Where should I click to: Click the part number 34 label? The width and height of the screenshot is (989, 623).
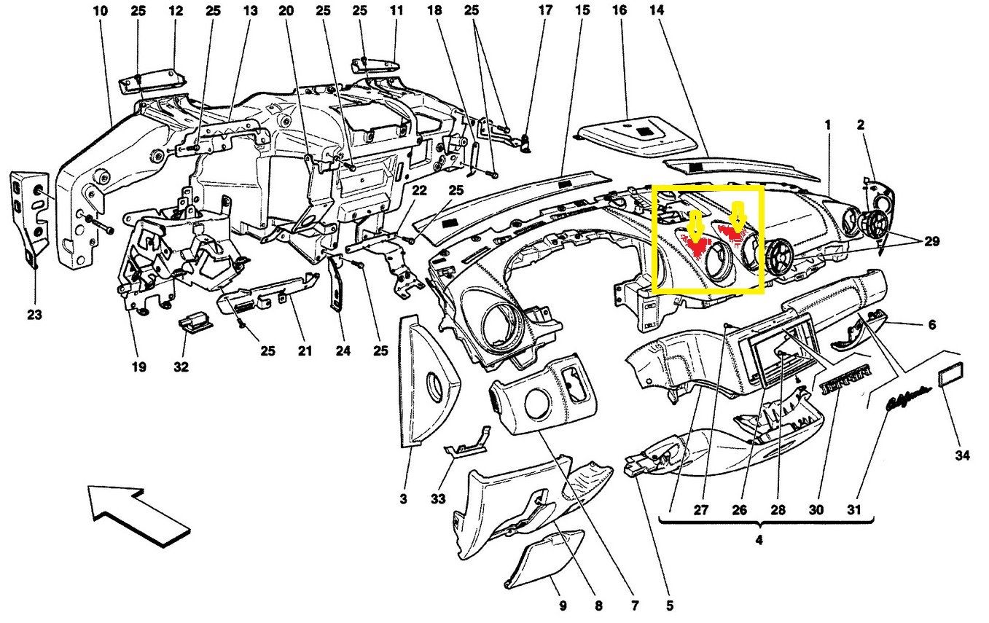pos(962,456)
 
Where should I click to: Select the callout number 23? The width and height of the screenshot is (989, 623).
pos(34,316)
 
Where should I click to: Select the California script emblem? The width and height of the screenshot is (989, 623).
pos(906,401)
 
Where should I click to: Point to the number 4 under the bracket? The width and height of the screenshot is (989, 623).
pos(759,541)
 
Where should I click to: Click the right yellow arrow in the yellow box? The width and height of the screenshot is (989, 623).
pos(738,217)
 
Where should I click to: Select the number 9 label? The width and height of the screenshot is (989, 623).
pos(562,606)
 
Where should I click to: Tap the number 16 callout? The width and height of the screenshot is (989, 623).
pos(619,11)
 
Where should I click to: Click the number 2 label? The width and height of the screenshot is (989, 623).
pos(860,125)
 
